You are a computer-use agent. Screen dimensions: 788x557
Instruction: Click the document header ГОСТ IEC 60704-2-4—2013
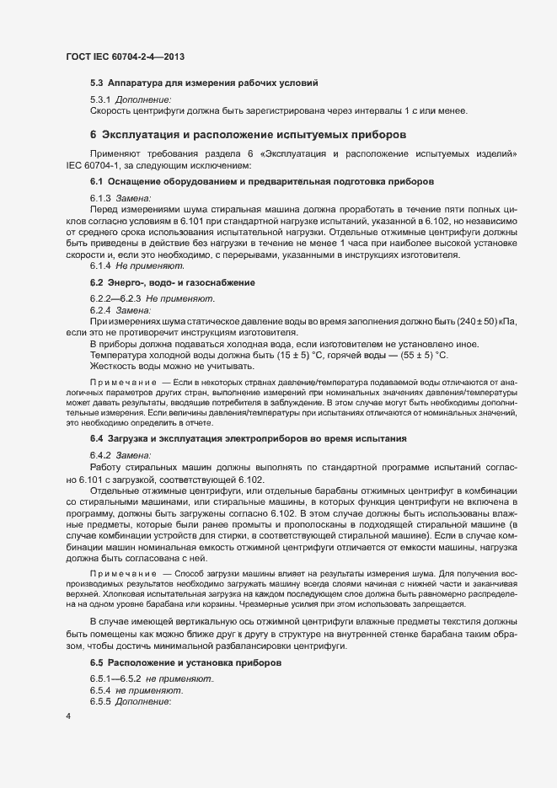tap(124, 56)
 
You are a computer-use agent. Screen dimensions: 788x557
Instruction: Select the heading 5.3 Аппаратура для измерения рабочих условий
tap(204, 83)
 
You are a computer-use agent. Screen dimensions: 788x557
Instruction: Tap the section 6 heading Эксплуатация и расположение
tap(249, 134)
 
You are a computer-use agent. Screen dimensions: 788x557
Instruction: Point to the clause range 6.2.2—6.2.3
tap(116, 298)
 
